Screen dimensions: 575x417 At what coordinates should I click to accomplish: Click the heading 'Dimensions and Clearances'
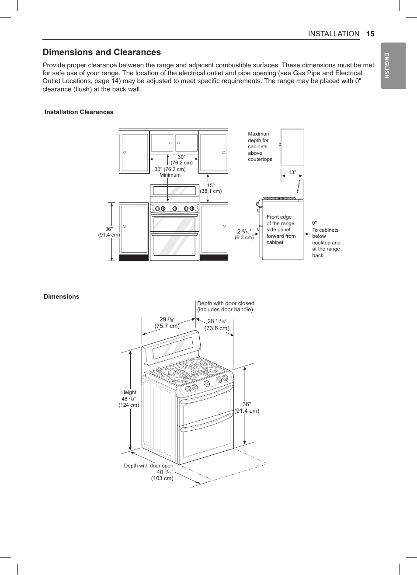click(101, 52)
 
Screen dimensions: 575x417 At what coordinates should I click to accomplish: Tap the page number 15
click(370, 34)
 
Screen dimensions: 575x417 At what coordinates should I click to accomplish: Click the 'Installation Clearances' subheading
click(79, 112)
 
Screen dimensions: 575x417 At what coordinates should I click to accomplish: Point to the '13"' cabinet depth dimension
click(292, 172)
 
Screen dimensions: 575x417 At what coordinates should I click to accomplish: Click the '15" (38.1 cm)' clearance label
click(211, 188)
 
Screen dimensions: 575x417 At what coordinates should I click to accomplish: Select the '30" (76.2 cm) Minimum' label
click(170, 172)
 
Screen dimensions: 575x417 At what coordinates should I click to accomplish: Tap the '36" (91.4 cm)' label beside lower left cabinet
click(109, 232)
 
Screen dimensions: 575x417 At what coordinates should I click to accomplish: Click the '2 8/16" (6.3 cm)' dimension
click(244, 234)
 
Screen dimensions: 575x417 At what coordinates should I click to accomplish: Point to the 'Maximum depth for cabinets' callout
click(260, 146)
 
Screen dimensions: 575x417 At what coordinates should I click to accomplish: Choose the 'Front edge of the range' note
click(281, 230)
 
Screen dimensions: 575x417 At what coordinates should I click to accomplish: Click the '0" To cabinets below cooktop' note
click(326, 239)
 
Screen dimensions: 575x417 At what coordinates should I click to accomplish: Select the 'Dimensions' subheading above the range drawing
click(61, 296)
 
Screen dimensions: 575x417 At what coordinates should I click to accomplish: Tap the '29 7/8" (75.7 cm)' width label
click(167, 323)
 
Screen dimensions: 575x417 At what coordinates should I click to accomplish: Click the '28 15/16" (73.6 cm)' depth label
click(217, 324)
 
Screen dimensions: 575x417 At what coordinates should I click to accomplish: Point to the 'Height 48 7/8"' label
click(129, 398)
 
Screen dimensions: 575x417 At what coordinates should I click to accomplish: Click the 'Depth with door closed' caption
click(226, 306)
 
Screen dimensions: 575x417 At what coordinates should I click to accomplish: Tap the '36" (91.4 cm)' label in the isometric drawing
click(247, 408)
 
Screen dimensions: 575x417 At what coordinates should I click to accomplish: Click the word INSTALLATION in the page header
click(334, 34)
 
